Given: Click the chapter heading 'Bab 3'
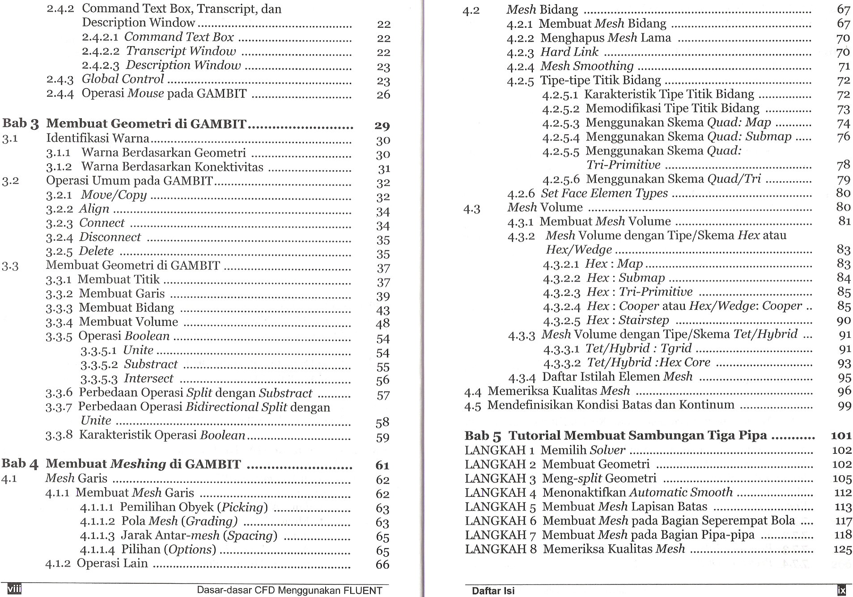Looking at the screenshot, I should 21,124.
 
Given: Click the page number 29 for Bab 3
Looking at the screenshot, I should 382,126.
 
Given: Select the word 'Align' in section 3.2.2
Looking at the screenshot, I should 94,209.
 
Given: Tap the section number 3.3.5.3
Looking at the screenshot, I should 99,379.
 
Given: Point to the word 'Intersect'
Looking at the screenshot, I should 149,379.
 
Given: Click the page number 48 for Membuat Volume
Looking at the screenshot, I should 383,323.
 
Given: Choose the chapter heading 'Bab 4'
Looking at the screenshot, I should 21,464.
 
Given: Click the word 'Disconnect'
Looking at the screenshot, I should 110,237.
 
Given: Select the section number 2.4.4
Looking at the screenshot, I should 60,94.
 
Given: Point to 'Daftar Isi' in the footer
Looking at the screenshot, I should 493,591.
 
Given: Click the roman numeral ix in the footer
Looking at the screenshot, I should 841,590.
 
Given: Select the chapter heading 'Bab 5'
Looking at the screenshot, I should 483,435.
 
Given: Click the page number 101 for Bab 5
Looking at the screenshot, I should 841,435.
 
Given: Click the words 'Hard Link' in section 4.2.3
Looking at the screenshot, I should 569,52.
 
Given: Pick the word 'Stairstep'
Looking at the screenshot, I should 644,320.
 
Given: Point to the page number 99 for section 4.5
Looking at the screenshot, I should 844,405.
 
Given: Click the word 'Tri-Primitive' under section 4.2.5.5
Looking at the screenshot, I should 624,165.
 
